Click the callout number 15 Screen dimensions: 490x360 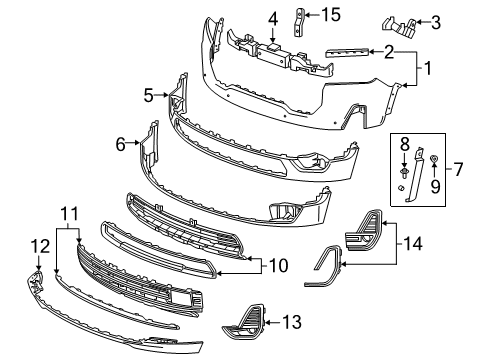[331, 15]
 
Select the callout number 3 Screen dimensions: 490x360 [436, 23]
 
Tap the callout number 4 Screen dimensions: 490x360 [273, 19]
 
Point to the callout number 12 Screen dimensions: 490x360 [40, 247]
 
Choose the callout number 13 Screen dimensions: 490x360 [292, 322]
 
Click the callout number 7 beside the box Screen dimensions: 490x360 [458, 169]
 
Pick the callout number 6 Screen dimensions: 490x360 [120, 144]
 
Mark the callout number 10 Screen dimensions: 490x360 [279, 266]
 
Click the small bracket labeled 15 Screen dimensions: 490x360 [298, 22]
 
